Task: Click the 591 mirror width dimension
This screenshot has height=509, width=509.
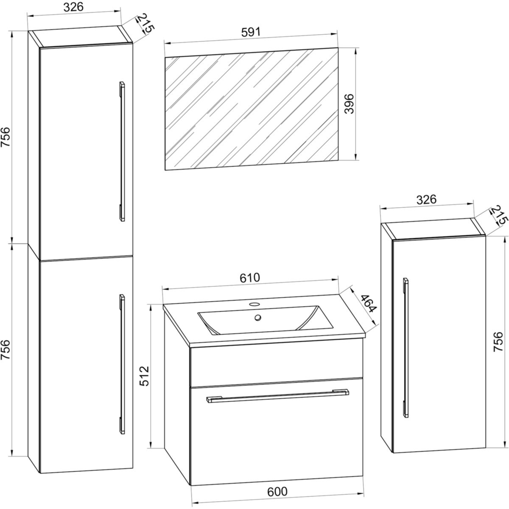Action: click(251, 32)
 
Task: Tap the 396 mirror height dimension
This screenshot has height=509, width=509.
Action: click(350, 103)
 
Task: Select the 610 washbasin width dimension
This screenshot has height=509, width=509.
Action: click(250, 277)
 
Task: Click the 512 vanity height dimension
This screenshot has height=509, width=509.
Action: click(144, 376)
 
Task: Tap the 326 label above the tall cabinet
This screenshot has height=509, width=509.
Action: click(73, 7)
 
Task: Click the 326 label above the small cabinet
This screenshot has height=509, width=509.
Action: click(426, 200)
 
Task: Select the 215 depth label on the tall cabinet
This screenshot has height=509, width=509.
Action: click(145, 23)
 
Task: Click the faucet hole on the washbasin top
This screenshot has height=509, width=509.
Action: click(255, 304)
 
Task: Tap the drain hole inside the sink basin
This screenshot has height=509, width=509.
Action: click(258, 318)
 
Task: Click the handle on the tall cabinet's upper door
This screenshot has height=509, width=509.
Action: click(122, 151)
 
